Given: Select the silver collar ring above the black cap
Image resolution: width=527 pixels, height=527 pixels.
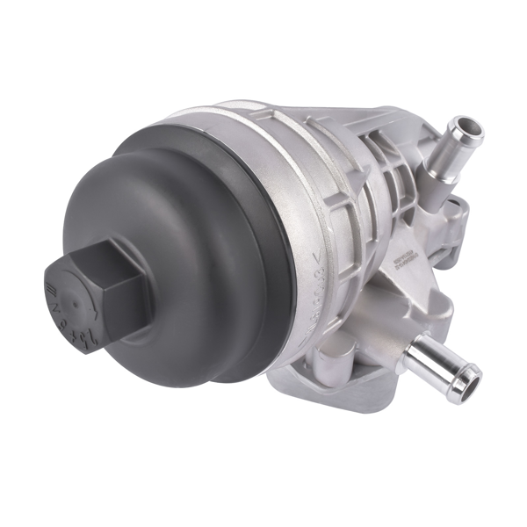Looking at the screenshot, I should [x=263, y=167].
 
